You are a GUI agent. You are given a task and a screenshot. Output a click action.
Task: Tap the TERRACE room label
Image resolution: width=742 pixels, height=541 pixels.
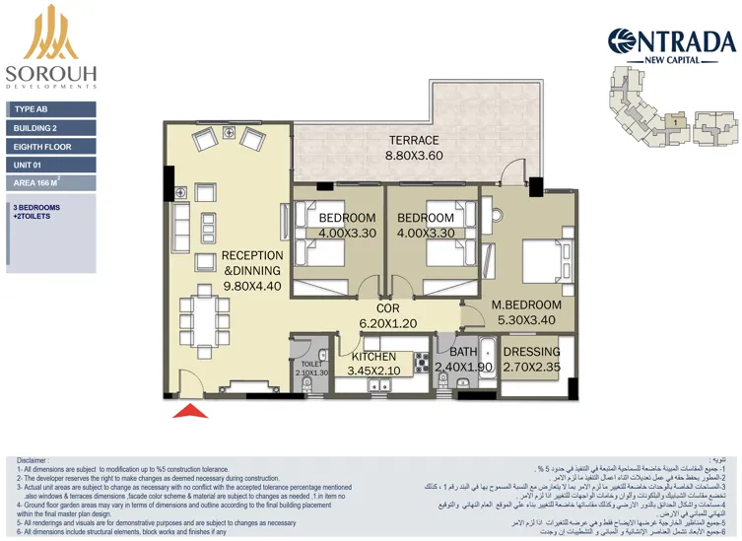(x=413, y=140)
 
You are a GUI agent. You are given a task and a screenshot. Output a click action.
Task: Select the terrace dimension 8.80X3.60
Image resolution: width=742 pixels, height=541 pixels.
(x=413, y=155)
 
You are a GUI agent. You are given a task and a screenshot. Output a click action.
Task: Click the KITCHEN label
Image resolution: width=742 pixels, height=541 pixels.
(x=373, y=357)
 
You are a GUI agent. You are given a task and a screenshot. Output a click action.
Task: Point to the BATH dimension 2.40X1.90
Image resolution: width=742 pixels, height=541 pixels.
(x=463, y=368)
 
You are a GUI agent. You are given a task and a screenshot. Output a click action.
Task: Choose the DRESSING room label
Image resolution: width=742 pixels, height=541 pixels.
(x=531, y=352)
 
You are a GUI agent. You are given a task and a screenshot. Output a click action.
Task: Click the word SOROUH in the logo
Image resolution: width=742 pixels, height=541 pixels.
(x=50, y=73)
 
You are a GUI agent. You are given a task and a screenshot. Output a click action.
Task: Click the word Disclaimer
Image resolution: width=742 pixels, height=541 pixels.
(x=32, y=460)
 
